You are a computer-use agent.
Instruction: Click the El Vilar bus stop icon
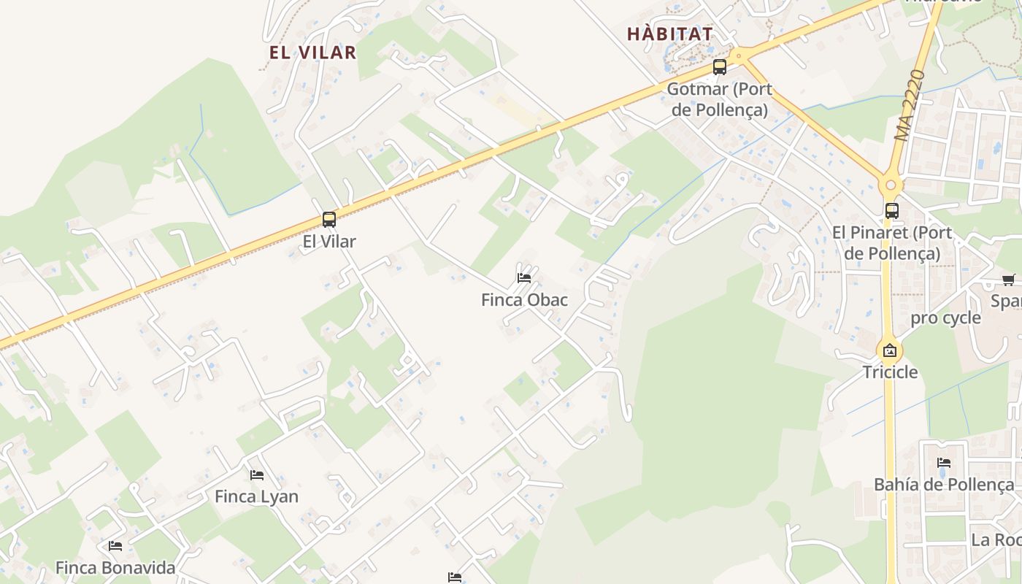tap(329, 219)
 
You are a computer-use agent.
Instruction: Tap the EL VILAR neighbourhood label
tap(312, 53)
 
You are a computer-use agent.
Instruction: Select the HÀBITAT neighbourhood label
tap(670, 34)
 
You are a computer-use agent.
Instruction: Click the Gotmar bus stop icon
tap(720, 67)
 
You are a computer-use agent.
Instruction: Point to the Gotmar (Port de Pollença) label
tap(720, 100)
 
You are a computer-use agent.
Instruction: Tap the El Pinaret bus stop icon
tap(891, 211)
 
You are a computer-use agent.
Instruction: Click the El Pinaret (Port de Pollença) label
tap(892, 243)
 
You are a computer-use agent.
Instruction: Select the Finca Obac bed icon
tap(524, 277)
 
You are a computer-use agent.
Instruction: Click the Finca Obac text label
tap(524, 300)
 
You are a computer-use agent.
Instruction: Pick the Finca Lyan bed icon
tap(257, 474)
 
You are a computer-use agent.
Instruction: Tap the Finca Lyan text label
tap(257, 497)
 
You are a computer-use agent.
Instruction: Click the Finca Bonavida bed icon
tap(115, 545)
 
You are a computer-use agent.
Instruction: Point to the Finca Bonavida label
tap(115, 568)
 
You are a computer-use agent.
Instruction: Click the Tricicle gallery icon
tap(890, 350)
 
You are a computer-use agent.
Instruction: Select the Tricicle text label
tap(890, 372)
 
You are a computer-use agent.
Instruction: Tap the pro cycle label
tap(945, 318)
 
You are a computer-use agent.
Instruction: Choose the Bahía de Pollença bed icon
tap(944, 462)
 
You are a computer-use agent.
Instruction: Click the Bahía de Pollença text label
tap(944, 485)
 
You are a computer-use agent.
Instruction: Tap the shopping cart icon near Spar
tap(1009, 280)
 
